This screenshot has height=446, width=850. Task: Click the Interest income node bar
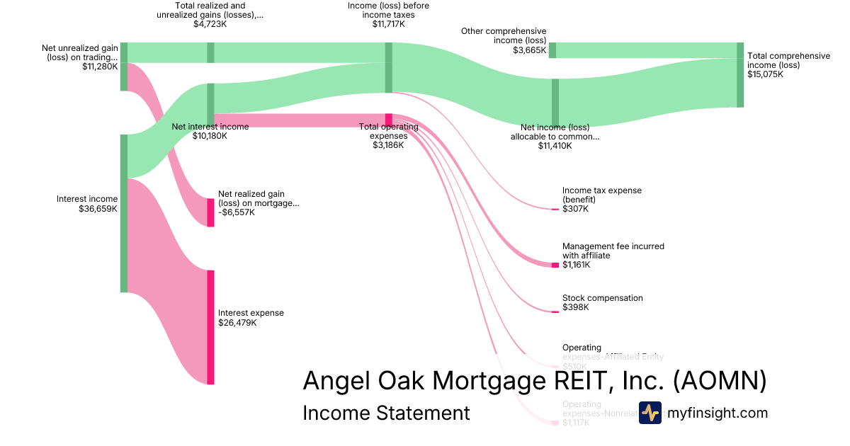click(x=124, y=212)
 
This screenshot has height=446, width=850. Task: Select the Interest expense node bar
click(x=210, y=327)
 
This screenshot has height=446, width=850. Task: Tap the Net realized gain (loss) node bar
click(x=210, y=212)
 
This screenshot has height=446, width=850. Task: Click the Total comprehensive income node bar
click(x=740, y=74)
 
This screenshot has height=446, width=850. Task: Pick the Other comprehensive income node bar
click(x=552, y=50)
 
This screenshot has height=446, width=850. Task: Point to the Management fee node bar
click(x=555, y=265)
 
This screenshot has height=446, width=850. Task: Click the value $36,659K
click(x=98, y=209)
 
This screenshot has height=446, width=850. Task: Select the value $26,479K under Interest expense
click(x=237, y=323)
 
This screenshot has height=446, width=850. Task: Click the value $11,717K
click(x=388, y=24)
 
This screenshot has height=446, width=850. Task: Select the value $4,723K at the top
click(x=210, y=24)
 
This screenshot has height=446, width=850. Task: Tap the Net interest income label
click(x=210, y=127)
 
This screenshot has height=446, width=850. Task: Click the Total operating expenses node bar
click(x=388, y=119)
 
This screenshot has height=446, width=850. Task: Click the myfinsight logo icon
click(x=650, y=413)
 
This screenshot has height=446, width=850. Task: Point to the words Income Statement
click(x=386, y=413)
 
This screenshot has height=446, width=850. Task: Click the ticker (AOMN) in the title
click(x=719, y=381)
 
